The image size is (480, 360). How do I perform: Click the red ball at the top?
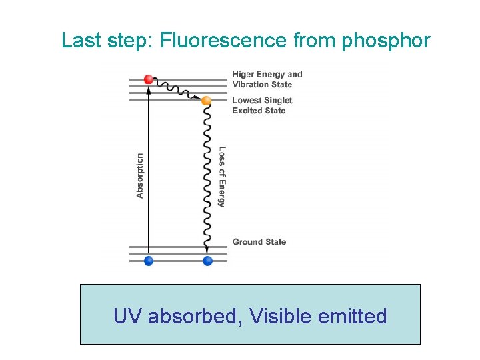coord(149,79)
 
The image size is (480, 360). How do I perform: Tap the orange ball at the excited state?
coord(206,101)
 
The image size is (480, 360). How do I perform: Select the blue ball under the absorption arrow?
coord(149,261)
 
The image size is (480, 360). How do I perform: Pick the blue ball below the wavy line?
coord(207,261)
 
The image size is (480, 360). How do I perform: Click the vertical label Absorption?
coord(140,176)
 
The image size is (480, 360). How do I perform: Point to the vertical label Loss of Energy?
coord(222,177)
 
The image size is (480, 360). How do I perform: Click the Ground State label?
coord(259,242)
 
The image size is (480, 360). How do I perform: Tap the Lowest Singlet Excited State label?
coord(262,105)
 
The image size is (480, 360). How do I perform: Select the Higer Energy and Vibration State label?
coord(267,79)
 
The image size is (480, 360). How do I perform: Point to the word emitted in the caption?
coord(353,315)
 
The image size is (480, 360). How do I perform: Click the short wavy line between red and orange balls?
coord(177,89)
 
